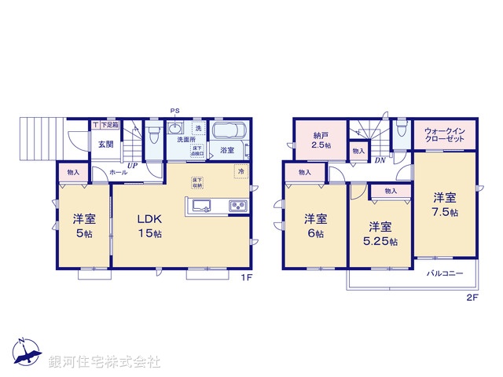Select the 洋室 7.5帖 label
pyautogui.click(x=446, y=205)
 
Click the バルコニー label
pyautogui.click(x=444, y=274)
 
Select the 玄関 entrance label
pyautogui.click(x=105, y=145)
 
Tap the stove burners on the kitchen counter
pyautogui.click(x=237, y=207)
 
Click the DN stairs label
pyautogui.click(x=380, y=160)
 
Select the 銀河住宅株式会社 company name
pyautogui.click(x=105, y=362)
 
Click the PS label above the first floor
pyautogui.click(x=174, y=111)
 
